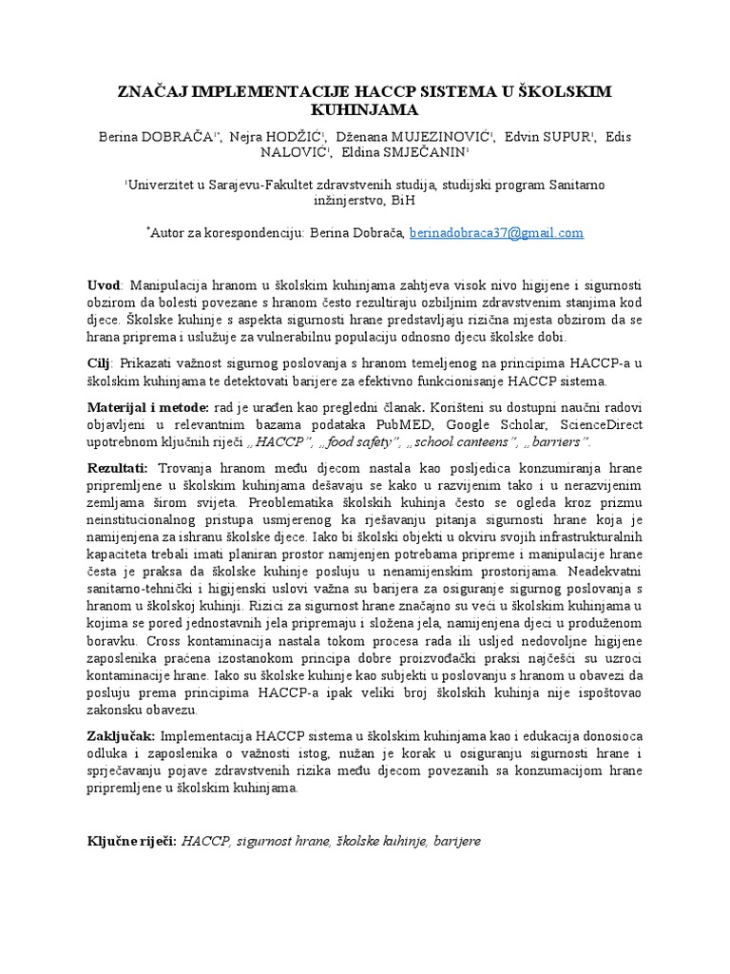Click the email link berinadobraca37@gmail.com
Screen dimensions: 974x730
click(496, 232)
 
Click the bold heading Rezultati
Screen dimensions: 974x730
click(118, 467)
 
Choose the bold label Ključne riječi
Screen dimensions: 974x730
click(130, 841)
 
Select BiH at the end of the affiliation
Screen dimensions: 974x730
click(403, 200)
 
